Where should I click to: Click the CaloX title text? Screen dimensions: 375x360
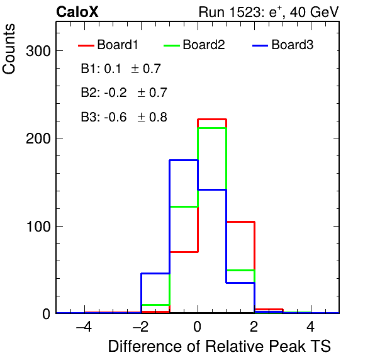pyautogui.click(x=77, y=12)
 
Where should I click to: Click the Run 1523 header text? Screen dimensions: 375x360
pyautogui.click(x=269, y=12)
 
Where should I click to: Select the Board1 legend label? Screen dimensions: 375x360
pyautogui.click(x=118, y=45)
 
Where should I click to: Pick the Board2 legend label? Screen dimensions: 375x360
pyautogui.click(x=204, y=45)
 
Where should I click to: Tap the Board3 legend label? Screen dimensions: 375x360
pyautogui.click(x=292, y=45)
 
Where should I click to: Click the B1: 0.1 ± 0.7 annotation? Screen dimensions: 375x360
pyautogui.click(x=121, y=69)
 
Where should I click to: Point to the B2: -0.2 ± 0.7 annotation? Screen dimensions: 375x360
pyautogui.click(x=124, y=93)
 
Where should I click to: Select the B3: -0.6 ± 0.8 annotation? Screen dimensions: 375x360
pyautogui.click(x=124, y=117)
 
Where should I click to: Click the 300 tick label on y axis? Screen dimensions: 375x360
pyautogui.click(x=38, y=51)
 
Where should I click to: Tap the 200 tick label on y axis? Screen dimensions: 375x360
pyautogui.click(x=38, y=138)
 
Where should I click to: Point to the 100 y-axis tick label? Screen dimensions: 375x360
pyautogui.click(x=39, y=227)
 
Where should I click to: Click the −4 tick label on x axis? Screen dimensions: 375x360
pyautogui.click(x=84, y=327)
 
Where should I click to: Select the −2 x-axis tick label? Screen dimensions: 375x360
pyautogui.click(x=141, y=327)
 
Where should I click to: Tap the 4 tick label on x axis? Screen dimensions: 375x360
pyautogui.click(x=311, y=327)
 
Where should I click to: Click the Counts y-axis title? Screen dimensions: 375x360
pyautogui.click(x=9, y=49)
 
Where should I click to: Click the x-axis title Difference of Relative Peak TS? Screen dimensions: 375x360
pyautogui.click(x=220, y=346)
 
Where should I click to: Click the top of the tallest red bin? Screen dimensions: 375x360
pyautogui.click(x=212, y=119)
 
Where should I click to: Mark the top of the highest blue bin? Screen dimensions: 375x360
pyautogui.click(x=184, y=160)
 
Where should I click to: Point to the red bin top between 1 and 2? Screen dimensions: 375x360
pyautogui.click(x=240, y=222)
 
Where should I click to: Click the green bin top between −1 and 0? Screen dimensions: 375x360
pyautogui.click(x=184, y=206)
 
